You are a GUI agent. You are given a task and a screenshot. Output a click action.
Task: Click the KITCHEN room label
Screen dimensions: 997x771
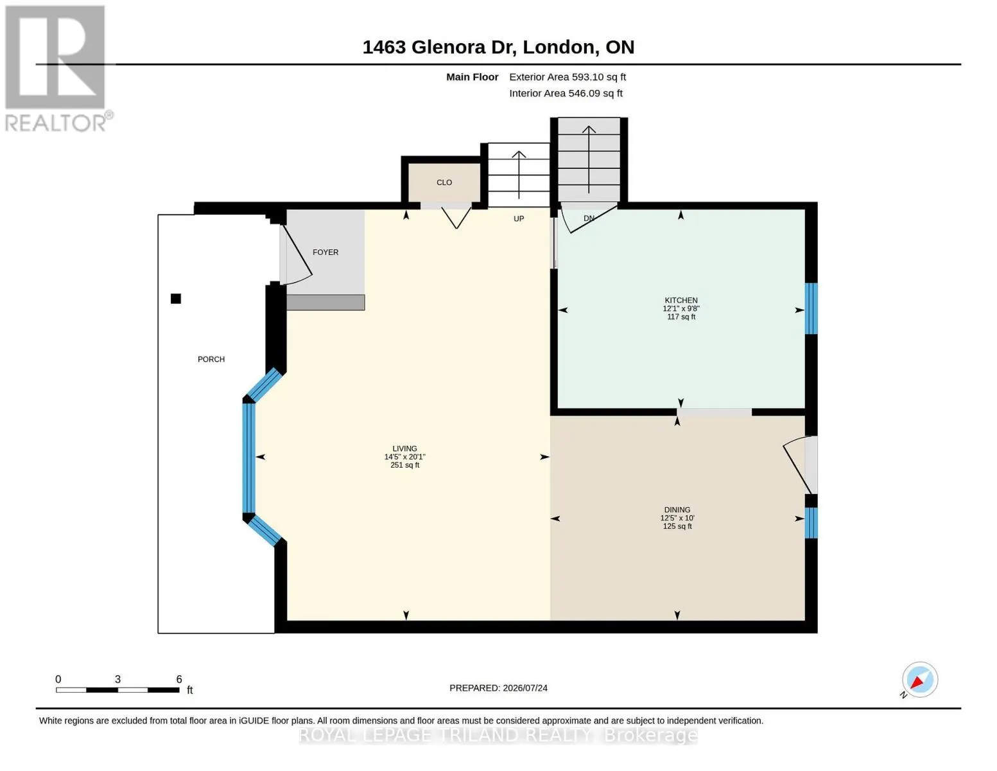(x=681, y=300)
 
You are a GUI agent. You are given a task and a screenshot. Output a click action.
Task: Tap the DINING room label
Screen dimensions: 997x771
(x=677, y=510)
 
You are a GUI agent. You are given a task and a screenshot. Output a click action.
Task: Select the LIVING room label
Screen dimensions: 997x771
(x=404, y=448)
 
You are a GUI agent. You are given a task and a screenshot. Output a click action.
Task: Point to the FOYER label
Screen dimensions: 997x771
(x=325, y=252)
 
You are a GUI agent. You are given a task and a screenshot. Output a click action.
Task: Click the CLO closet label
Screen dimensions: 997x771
(x=444, y=182)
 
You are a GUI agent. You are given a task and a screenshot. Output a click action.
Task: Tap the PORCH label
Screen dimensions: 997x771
(x=211, y=359)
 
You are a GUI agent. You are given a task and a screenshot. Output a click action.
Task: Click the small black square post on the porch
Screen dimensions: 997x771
(x=176, y=299)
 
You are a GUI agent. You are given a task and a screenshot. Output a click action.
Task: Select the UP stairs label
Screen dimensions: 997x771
(x=519, y=218)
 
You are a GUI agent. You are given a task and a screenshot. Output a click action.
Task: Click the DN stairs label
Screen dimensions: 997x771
(x=589, y=218)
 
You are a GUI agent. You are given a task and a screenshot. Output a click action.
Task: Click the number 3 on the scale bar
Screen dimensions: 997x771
(x=117, y=679)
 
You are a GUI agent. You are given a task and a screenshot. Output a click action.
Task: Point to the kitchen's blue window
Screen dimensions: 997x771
(x=811, y=308)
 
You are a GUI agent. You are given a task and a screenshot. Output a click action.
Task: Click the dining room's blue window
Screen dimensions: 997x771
(x=811, y=522)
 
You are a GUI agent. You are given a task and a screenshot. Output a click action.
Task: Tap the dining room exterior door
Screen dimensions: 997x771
(x=801, y=465)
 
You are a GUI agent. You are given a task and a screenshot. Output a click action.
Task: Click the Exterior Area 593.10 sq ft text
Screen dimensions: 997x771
(x=568, y=77)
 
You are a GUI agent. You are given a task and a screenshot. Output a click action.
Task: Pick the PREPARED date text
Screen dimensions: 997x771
(x=498, y=688)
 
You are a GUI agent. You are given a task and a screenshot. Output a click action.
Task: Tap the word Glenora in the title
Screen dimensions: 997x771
(x=448, y=47)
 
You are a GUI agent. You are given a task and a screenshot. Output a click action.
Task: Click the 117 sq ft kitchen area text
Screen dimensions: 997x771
(x=681, y=317)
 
